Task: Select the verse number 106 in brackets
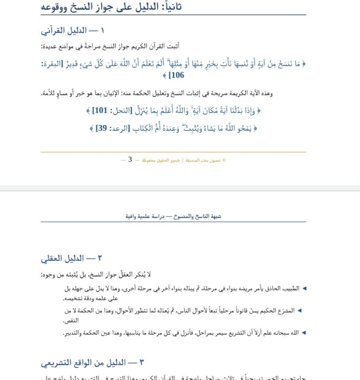coord(176,75)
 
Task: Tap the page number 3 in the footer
coord(130,160)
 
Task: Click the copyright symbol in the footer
coord(224,160)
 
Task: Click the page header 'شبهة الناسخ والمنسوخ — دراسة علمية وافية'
coord(173,216)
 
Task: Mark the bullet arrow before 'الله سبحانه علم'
coord(304,333)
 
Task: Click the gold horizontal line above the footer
coord(173,152)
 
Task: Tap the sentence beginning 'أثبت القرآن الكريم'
coord(110,46)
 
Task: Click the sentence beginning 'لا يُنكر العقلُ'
coord(96,275)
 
